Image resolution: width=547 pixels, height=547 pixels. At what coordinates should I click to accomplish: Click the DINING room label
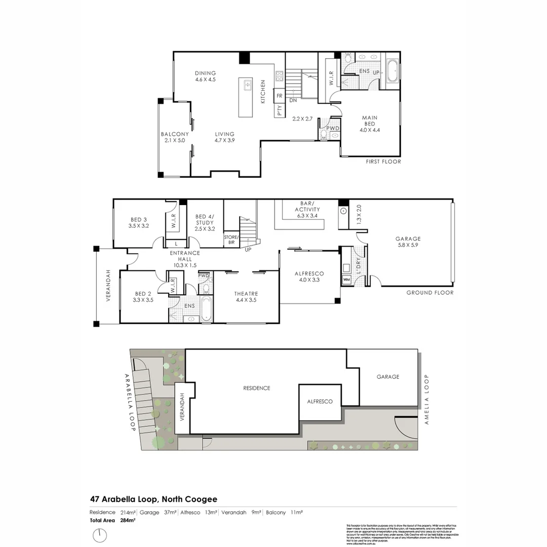(205, 76)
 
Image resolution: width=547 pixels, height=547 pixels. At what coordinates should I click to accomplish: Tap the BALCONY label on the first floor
(175, 137)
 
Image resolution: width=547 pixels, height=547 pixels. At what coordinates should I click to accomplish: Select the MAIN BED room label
(370, 124)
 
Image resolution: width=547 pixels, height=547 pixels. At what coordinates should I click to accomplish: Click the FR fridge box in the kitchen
(279, 96)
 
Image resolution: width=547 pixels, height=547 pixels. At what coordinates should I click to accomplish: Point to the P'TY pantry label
(279, 110)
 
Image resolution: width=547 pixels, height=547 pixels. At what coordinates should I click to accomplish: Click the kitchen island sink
(247, 85)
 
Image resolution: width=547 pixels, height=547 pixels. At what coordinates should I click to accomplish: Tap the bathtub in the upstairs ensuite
(393, 71)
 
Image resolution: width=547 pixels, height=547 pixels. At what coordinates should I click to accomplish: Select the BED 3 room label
(139, 222)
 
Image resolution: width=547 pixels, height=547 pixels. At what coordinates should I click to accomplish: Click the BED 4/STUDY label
(204, 222)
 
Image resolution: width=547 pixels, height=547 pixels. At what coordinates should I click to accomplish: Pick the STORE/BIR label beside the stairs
(231, 240)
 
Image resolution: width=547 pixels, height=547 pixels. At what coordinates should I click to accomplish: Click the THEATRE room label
(246, 297)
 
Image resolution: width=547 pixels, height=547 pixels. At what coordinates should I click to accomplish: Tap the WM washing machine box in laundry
(347, 279)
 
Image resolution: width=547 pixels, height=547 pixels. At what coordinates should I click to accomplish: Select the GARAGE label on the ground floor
(408, 242)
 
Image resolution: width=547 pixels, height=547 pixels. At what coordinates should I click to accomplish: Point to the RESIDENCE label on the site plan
(256, 388)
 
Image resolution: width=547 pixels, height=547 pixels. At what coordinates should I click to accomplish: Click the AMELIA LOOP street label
(426, 399)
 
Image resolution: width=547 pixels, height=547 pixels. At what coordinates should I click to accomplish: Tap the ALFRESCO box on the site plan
(320, 401)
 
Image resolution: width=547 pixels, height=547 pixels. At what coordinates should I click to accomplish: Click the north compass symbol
(100, 535)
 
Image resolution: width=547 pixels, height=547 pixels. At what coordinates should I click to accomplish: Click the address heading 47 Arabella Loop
(153, 499)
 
